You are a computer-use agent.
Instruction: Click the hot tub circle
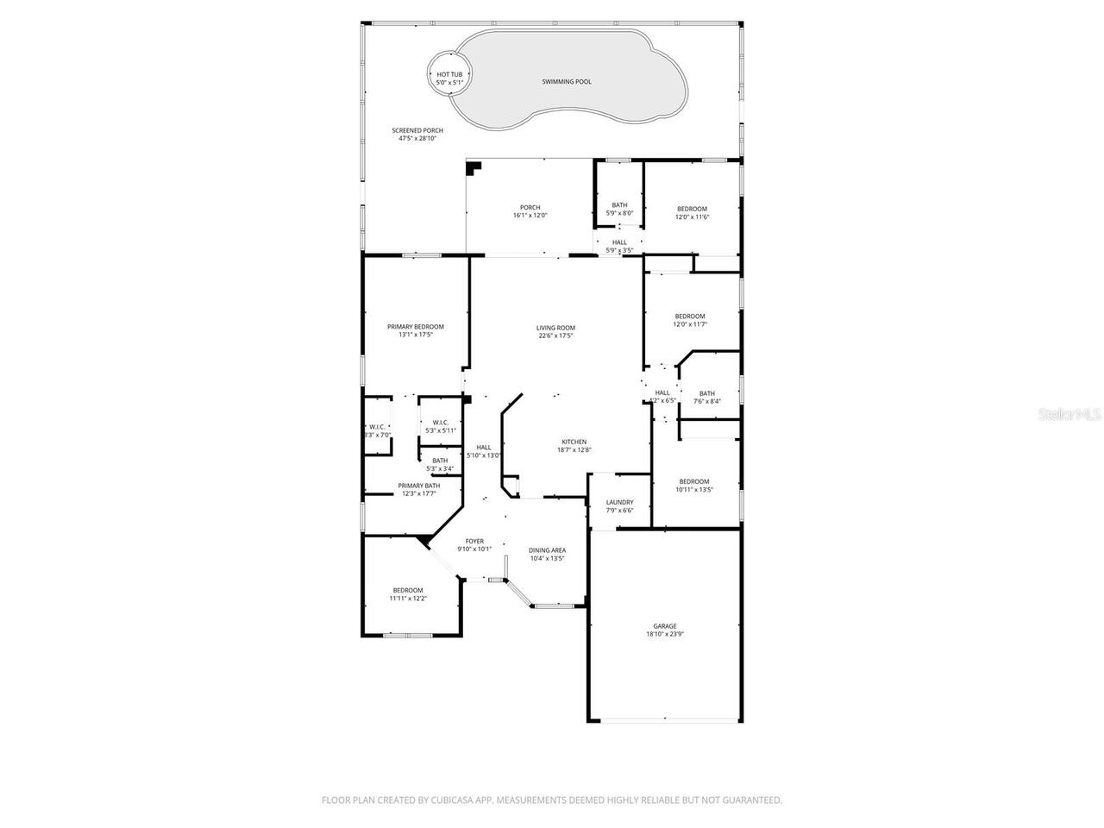tap(449, 78)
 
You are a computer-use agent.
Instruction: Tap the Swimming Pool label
tap(567, 82)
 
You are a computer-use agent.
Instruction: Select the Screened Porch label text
tap(417, 135)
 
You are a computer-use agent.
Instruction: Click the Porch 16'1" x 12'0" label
tap(530, 211)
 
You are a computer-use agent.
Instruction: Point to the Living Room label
tap(555, 332)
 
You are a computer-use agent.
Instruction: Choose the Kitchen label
tap(574, 445)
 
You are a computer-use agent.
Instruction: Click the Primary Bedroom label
tap(415, 330)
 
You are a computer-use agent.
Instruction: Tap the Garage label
tap(664, 630)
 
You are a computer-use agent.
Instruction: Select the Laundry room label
tap(619, 506)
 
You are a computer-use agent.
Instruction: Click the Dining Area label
tap(547, 554)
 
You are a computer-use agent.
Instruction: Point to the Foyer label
tap(474, 545)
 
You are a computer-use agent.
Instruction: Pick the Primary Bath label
tap(419, 490)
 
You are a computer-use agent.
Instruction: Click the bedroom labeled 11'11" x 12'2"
tap(408, 594)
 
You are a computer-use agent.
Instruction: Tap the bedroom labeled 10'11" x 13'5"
tap(693, 486)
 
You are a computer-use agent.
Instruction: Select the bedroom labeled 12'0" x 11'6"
tap(692, 213)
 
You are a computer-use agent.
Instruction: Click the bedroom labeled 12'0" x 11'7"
tap(690, 320)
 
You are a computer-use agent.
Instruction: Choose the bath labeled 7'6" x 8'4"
tap(707, 398)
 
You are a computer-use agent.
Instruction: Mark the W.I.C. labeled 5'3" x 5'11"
tap(440, 426)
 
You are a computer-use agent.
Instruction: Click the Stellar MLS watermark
tap(1069, 415)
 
